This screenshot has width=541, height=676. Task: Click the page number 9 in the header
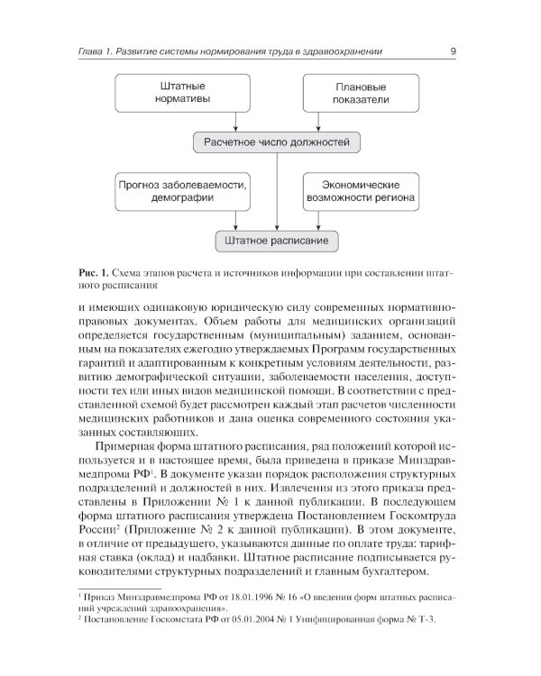click(x=452, y=52)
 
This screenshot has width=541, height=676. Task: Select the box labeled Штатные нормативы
click(x=177, y=92)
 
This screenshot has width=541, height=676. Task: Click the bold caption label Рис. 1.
click(x=93, y=273)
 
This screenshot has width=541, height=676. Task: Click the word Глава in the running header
click(x=94, y=52)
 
